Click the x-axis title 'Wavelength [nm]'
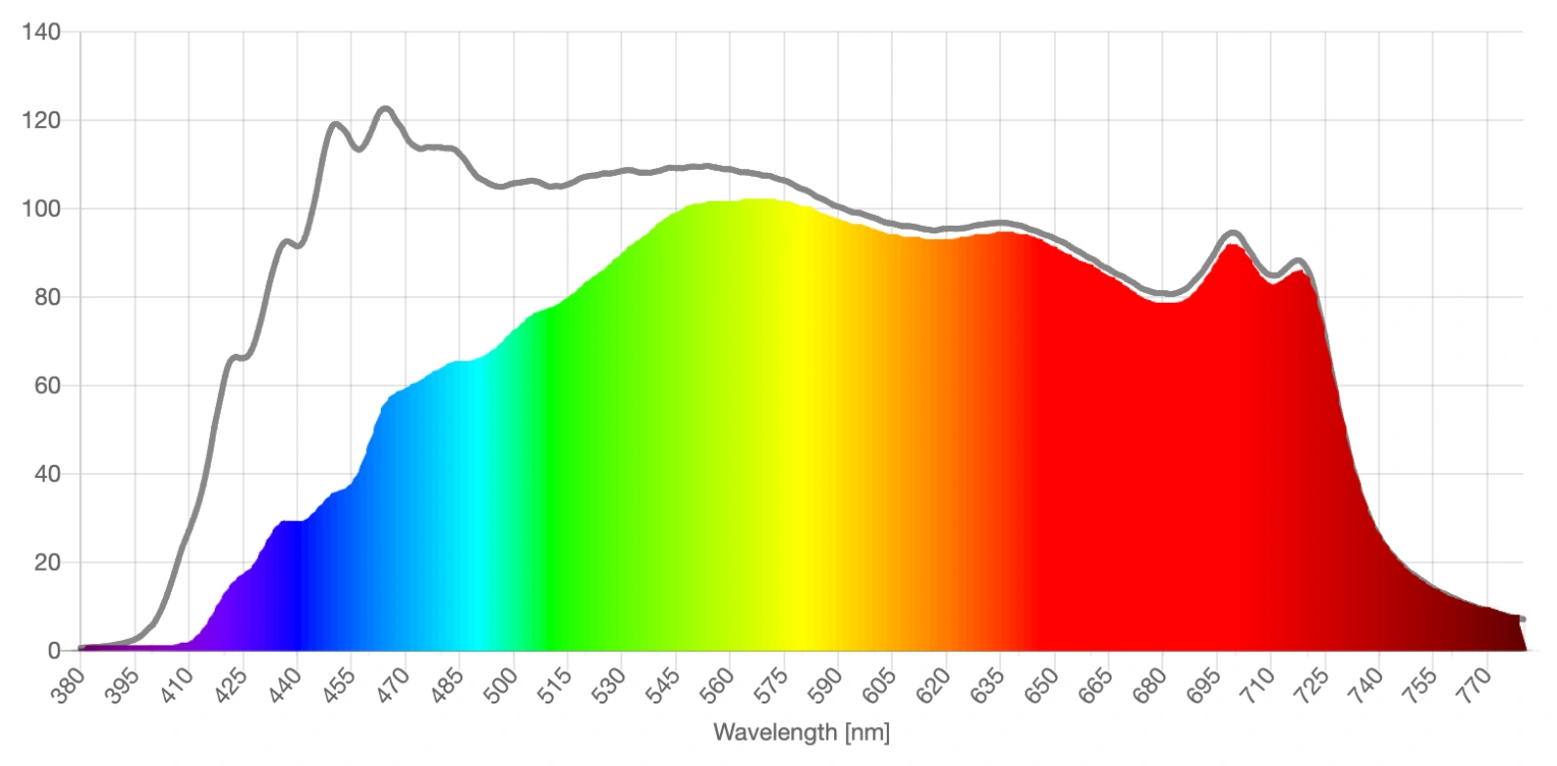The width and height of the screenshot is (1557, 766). [801, 732]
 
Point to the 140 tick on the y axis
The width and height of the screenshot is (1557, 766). [40, 32]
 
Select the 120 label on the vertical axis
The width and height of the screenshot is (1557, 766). [40, 120]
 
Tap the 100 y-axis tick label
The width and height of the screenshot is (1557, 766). [40, 209]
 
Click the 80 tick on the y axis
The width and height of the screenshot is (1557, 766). [45, 297]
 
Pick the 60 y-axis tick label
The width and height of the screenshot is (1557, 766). [45, 386]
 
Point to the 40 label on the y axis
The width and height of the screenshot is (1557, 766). [45, 474]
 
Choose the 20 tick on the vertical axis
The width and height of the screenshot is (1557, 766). [45, 563]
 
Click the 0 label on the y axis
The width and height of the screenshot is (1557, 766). [53, 651]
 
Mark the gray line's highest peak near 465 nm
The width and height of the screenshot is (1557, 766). [385, 108]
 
